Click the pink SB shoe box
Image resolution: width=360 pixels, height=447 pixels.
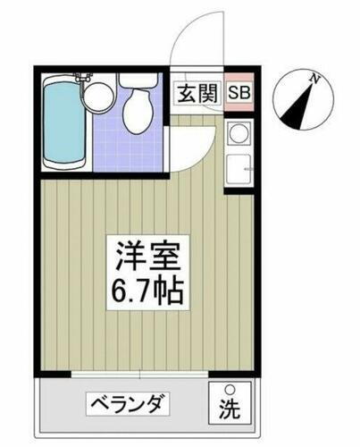pos(239,92)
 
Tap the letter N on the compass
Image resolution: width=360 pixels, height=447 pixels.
pos(314,80)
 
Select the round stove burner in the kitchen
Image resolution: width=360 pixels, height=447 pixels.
pos(239,135)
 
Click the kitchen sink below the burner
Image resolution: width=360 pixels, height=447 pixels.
pos(239,167)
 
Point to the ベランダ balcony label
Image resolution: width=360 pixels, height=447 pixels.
pos(126,406)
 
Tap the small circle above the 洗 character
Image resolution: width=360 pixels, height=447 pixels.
pos(230,389)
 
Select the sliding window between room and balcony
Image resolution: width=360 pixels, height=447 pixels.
pos(143,372)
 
